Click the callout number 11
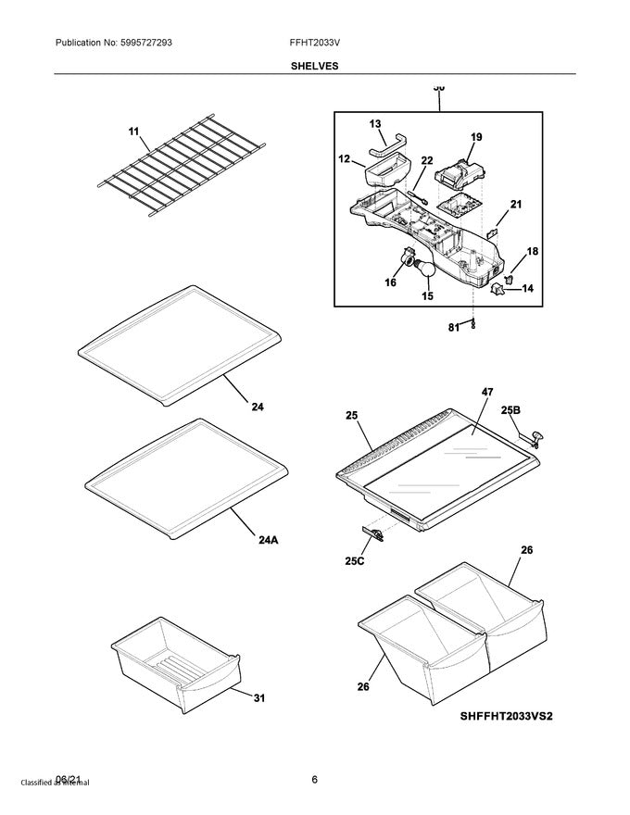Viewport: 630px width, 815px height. coord(134,133)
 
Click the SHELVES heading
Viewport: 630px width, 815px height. coord(315,67)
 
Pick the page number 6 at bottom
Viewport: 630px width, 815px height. coord(315,780)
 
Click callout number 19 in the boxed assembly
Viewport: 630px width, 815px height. coord(475,137)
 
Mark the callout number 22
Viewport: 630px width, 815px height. coord(426,160)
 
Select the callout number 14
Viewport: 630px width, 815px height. coord(527,288)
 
